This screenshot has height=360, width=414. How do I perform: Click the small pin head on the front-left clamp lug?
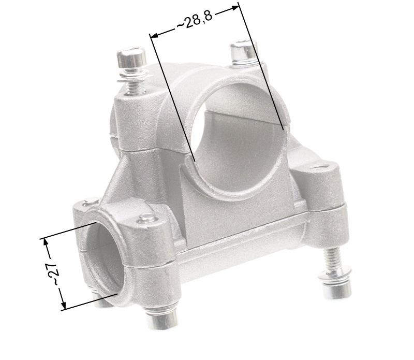pyautogui.click(x=149, y=217)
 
